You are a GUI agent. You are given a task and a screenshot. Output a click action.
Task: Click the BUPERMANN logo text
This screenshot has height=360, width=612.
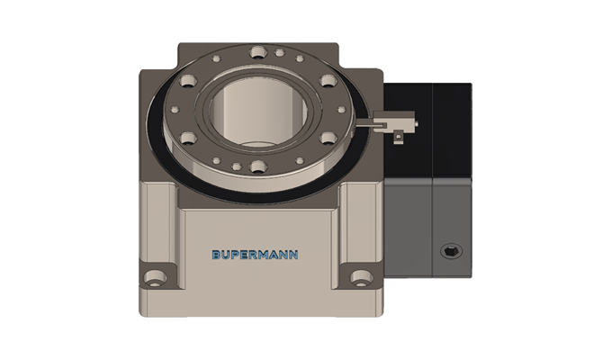pos(256,255)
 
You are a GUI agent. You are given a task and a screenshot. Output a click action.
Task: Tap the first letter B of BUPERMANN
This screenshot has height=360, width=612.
pos(216,255)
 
